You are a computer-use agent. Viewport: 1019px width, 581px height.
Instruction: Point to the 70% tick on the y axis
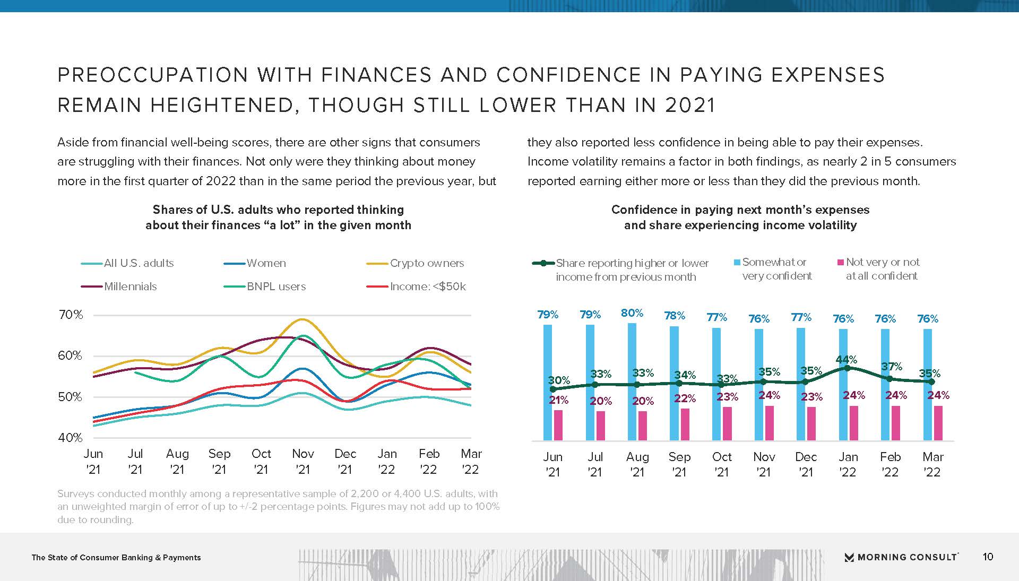pos(71,315)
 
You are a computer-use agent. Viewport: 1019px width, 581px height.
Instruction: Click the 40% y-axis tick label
pos(71,438)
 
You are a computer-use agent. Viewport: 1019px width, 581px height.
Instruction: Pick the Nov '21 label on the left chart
pos(303,461)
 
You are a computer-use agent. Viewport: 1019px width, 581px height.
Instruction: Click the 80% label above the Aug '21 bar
pos(632,313)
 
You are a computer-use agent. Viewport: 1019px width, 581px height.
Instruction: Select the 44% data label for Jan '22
pos(847,359)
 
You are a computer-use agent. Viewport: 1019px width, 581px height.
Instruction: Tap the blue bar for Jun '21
pos(548,382)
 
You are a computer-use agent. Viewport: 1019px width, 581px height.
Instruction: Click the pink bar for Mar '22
pos(938,423)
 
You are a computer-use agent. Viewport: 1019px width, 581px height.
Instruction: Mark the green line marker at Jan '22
pos(847,368)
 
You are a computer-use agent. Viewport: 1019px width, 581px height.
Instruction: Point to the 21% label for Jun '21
pos(558,400)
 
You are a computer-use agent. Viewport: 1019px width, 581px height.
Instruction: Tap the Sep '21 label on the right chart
pos(679,464)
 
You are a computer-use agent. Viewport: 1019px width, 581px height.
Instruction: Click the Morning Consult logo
pos(901,557)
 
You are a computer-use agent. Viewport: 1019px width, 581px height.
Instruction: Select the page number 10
pos(988,557)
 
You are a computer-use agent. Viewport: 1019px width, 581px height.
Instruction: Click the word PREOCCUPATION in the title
pos(153,75)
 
